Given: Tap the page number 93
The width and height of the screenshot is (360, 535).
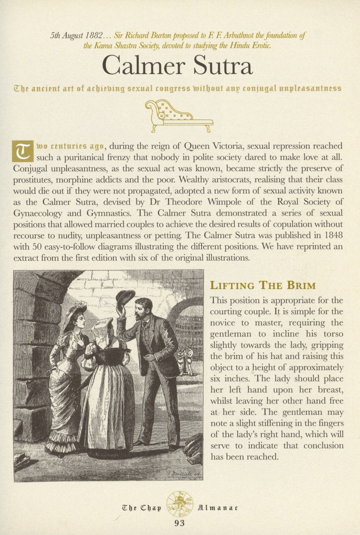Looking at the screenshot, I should tap(179, 523).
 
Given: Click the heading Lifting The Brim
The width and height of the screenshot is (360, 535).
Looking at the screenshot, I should tap(263, 285).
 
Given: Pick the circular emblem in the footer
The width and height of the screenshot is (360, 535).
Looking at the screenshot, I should tap(179, 506).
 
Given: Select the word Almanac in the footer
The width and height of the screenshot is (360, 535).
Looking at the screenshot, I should tap(217, 508).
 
